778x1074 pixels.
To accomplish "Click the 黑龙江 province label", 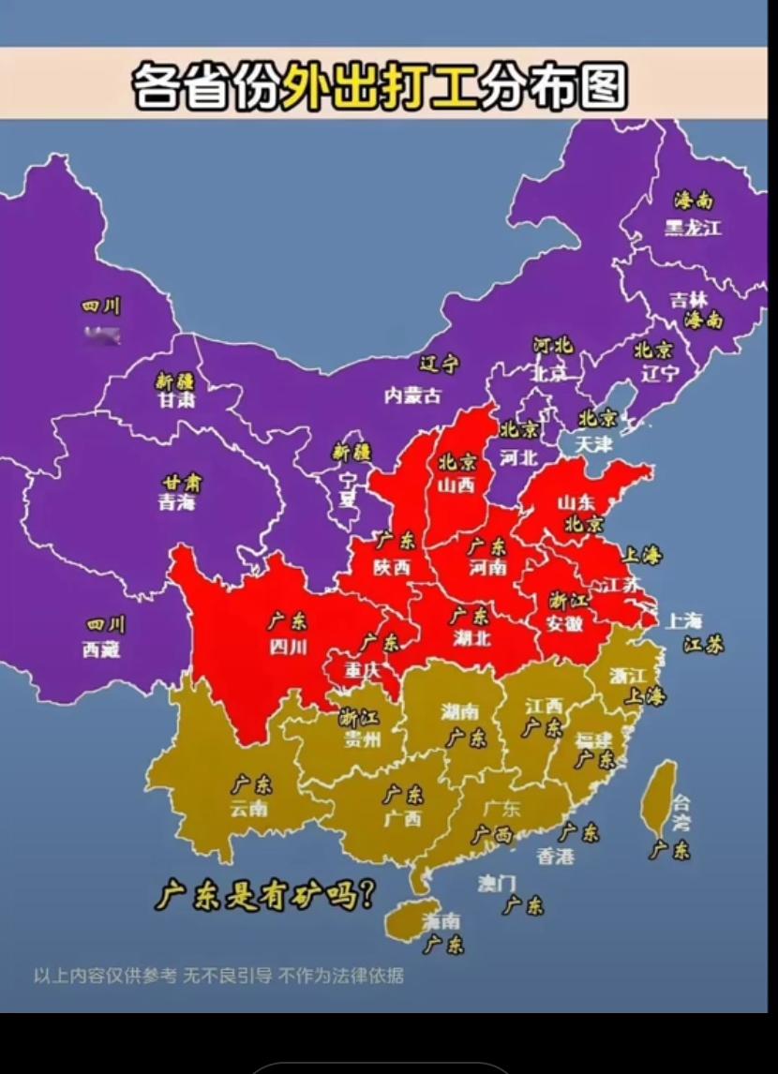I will (694, 228).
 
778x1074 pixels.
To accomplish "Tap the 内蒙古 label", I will (412, 395).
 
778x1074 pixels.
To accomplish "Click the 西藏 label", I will (101, 649).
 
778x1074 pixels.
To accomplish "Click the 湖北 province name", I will (470, 638).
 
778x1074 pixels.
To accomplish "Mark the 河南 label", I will (487, 568).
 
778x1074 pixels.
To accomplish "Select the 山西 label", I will (456, 485).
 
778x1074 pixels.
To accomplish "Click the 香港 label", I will (555, 855).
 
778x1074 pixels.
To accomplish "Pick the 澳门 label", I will (497, 883).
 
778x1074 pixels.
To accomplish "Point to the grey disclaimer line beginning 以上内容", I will (218, 976).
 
